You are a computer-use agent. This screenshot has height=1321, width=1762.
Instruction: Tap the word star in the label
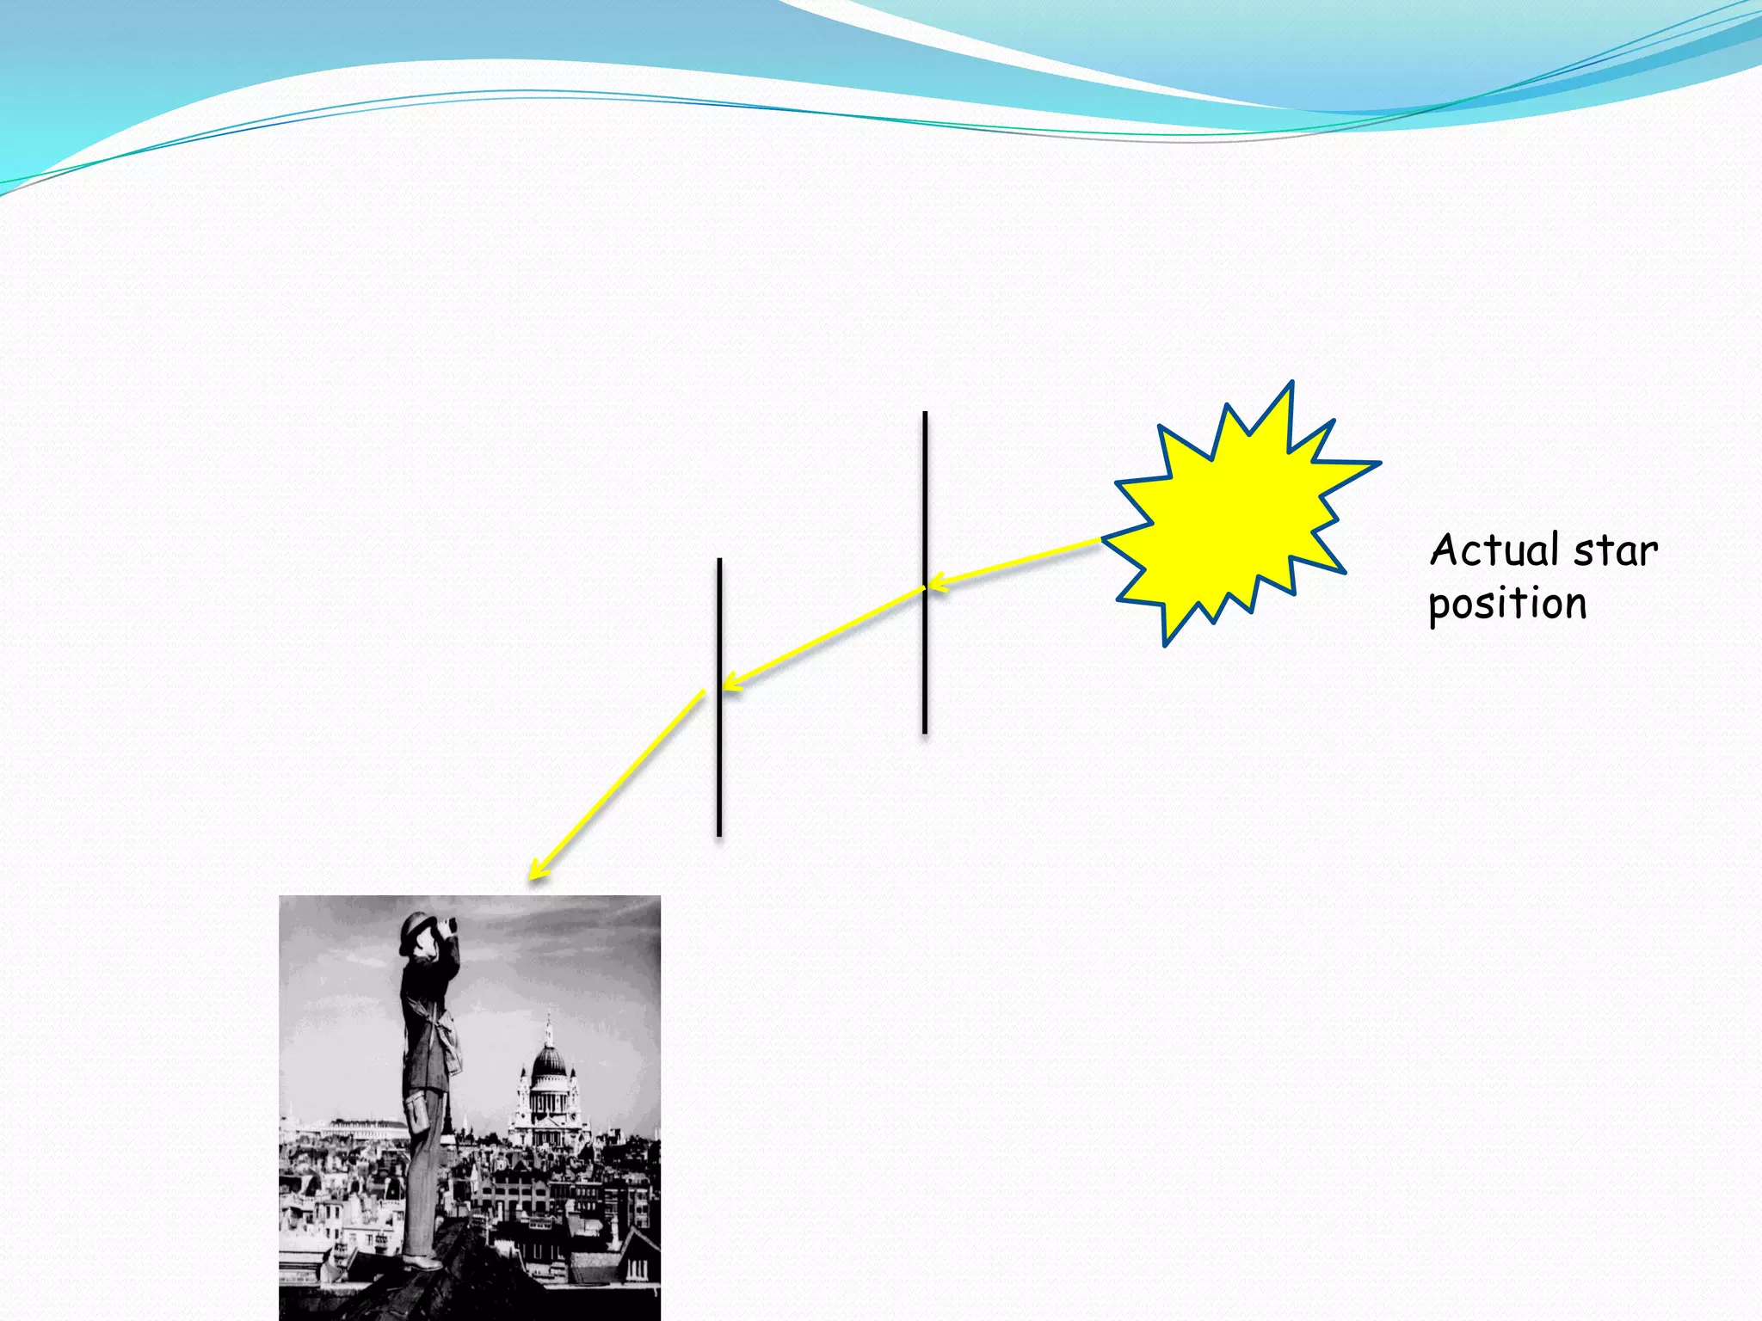pyautogui.click(x=1615, y=551)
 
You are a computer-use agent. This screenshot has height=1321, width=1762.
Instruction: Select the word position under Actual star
pyautogui.click(x=1507, y=604)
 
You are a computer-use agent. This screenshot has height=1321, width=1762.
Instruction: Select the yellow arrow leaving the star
pyautogui.click(x=1015, y=563)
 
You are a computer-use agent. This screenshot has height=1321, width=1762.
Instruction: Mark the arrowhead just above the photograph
pyautogui.click(x=538, y=870)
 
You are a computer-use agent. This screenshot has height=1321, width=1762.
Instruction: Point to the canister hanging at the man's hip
pyautogui.click(x=419, y=1113)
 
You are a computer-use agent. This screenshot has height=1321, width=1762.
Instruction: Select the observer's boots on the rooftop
pyautogui.click(x=422, y=1261)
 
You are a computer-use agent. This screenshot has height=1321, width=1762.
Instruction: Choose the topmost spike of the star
pyautogui.click(x=1291, y=384)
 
